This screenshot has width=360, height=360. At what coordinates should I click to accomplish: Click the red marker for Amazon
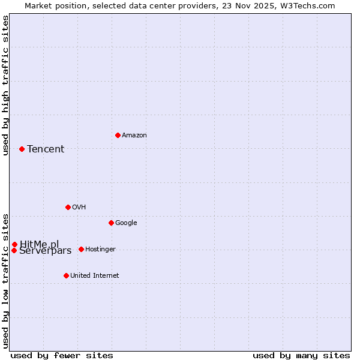(x=118, y=135)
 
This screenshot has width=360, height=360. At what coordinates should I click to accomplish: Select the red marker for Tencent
(x=22, y=149)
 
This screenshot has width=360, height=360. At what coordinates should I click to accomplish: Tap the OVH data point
(x=68, y=207)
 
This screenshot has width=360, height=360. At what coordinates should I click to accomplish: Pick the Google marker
(x=111, y=223)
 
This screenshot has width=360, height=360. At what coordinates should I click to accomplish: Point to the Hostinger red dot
(x=81, y=249)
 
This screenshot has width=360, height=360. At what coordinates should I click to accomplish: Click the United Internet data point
(x=66, y=275)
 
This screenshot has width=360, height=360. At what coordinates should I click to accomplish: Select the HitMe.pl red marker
(x=14, y=244)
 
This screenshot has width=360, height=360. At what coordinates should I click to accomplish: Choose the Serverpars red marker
(x=14, y=250)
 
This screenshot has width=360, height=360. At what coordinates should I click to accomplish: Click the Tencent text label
(x=46, y=149)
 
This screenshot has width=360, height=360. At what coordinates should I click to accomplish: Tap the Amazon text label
(x=134, y=136)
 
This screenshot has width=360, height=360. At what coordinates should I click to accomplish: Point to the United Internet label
(x=94, y=276)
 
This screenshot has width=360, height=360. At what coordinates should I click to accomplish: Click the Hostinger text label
(x=100, y=250)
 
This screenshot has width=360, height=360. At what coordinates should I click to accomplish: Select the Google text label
(x=126, y=223)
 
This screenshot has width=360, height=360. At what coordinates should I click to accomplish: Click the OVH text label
(x=79, y=208)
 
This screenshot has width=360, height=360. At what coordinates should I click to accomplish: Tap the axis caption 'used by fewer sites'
(x=62, y=355)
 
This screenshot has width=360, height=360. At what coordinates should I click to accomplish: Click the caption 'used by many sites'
(x=301, y=355)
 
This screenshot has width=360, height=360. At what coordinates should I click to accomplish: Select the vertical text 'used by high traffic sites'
(x=5, y=85)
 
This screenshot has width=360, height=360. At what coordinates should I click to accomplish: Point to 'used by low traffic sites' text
(x=5, y=280)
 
